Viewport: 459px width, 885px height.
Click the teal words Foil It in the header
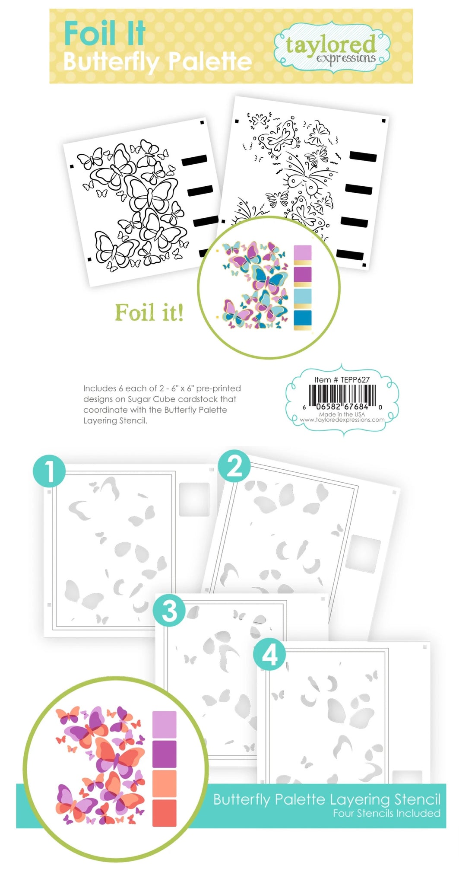(105, 34)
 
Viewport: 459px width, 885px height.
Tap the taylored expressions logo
(332, 48)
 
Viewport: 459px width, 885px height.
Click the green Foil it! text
(149, 312)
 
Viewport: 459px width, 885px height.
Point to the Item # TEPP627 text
(342, 380)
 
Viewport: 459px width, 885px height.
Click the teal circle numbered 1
(49, 471)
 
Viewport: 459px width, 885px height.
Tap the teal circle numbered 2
(234, 466)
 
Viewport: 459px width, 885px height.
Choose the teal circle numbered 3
(169, 611)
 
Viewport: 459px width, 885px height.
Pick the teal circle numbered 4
(269, 655)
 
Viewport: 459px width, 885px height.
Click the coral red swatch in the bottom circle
(164, 813)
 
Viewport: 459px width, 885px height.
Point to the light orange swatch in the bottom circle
(164, 783)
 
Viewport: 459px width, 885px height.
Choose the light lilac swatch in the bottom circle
(164, 725)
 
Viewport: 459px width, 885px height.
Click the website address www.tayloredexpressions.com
(342, 420)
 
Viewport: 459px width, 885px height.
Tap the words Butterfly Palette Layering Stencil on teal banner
(327, 799)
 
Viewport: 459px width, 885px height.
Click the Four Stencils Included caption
(386, 813)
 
